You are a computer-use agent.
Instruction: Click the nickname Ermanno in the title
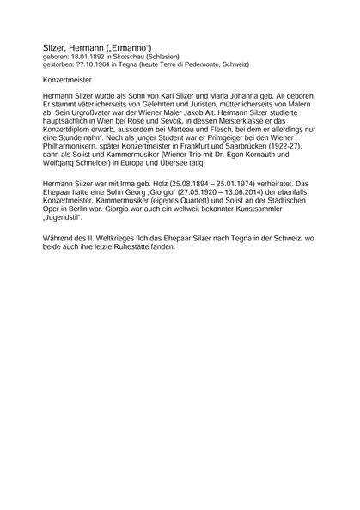[x=132, y=48]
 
